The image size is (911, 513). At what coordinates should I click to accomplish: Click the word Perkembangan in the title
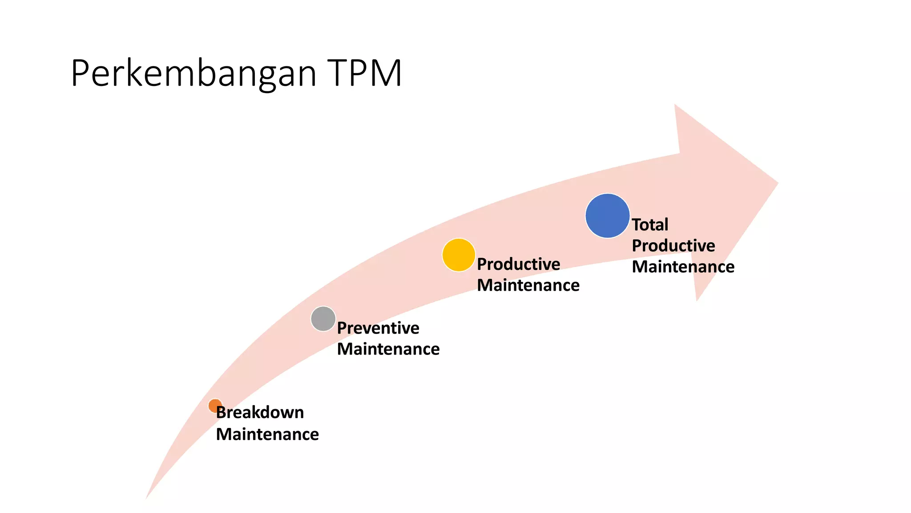[193, 73]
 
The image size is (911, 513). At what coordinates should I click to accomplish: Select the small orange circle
[215, 405]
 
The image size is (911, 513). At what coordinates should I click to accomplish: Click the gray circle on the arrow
[323, 319]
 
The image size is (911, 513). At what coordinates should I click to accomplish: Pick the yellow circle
[459, 255]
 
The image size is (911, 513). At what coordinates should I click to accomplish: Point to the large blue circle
[607, 216]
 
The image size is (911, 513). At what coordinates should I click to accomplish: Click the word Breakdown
[260, 412]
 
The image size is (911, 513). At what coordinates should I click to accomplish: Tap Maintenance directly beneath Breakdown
[267, 434]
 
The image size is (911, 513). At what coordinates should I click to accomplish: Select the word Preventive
[378, 328]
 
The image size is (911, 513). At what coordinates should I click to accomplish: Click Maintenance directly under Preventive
[388, 349]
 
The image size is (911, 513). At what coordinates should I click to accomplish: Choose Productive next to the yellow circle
[518, 264]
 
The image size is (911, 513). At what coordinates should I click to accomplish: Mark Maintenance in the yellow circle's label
[528, 285]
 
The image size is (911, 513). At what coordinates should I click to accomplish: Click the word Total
[650, 224]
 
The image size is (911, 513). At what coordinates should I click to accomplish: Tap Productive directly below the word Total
[673, 245]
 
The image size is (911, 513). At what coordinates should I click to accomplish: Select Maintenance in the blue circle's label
[683, 267]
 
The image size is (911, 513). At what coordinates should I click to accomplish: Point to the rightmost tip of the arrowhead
[776, 183]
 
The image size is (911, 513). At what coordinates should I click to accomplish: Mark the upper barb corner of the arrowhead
[676, 106]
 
